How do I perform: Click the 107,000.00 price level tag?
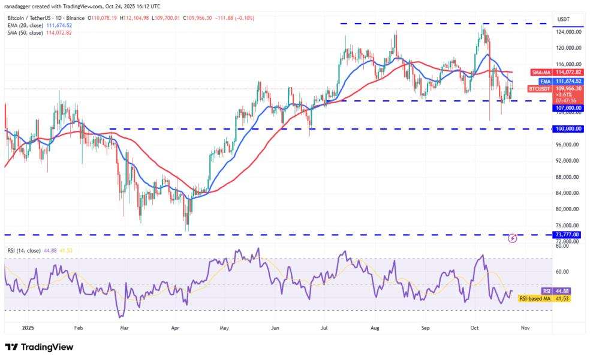point(568,108)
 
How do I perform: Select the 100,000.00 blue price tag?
point(568,129)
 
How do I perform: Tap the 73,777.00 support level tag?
point(568,235)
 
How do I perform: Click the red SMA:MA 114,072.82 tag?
point(556,73)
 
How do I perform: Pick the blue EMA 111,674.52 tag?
point(561,82)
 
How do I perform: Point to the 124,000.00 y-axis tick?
point(568,32)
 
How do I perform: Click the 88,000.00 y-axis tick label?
point(567,177)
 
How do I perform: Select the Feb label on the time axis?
point(79,328)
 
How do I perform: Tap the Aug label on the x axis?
point(375,328)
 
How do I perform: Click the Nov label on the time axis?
point(525,328)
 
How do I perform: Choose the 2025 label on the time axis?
point(28,328)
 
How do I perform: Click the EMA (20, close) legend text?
point(26,26)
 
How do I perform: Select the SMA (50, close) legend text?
point(26,33)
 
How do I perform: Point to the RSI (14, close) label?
point(24,250)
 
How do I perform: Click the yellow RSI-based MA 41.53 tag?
point(544,299)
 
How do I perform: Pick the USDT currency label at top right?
point(563,19)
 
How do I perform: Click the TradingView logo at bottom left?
point(39,347)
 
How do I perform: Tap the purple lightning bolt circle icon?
point(513,238)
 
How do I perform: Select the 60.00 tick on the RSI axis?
point(562,272)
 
